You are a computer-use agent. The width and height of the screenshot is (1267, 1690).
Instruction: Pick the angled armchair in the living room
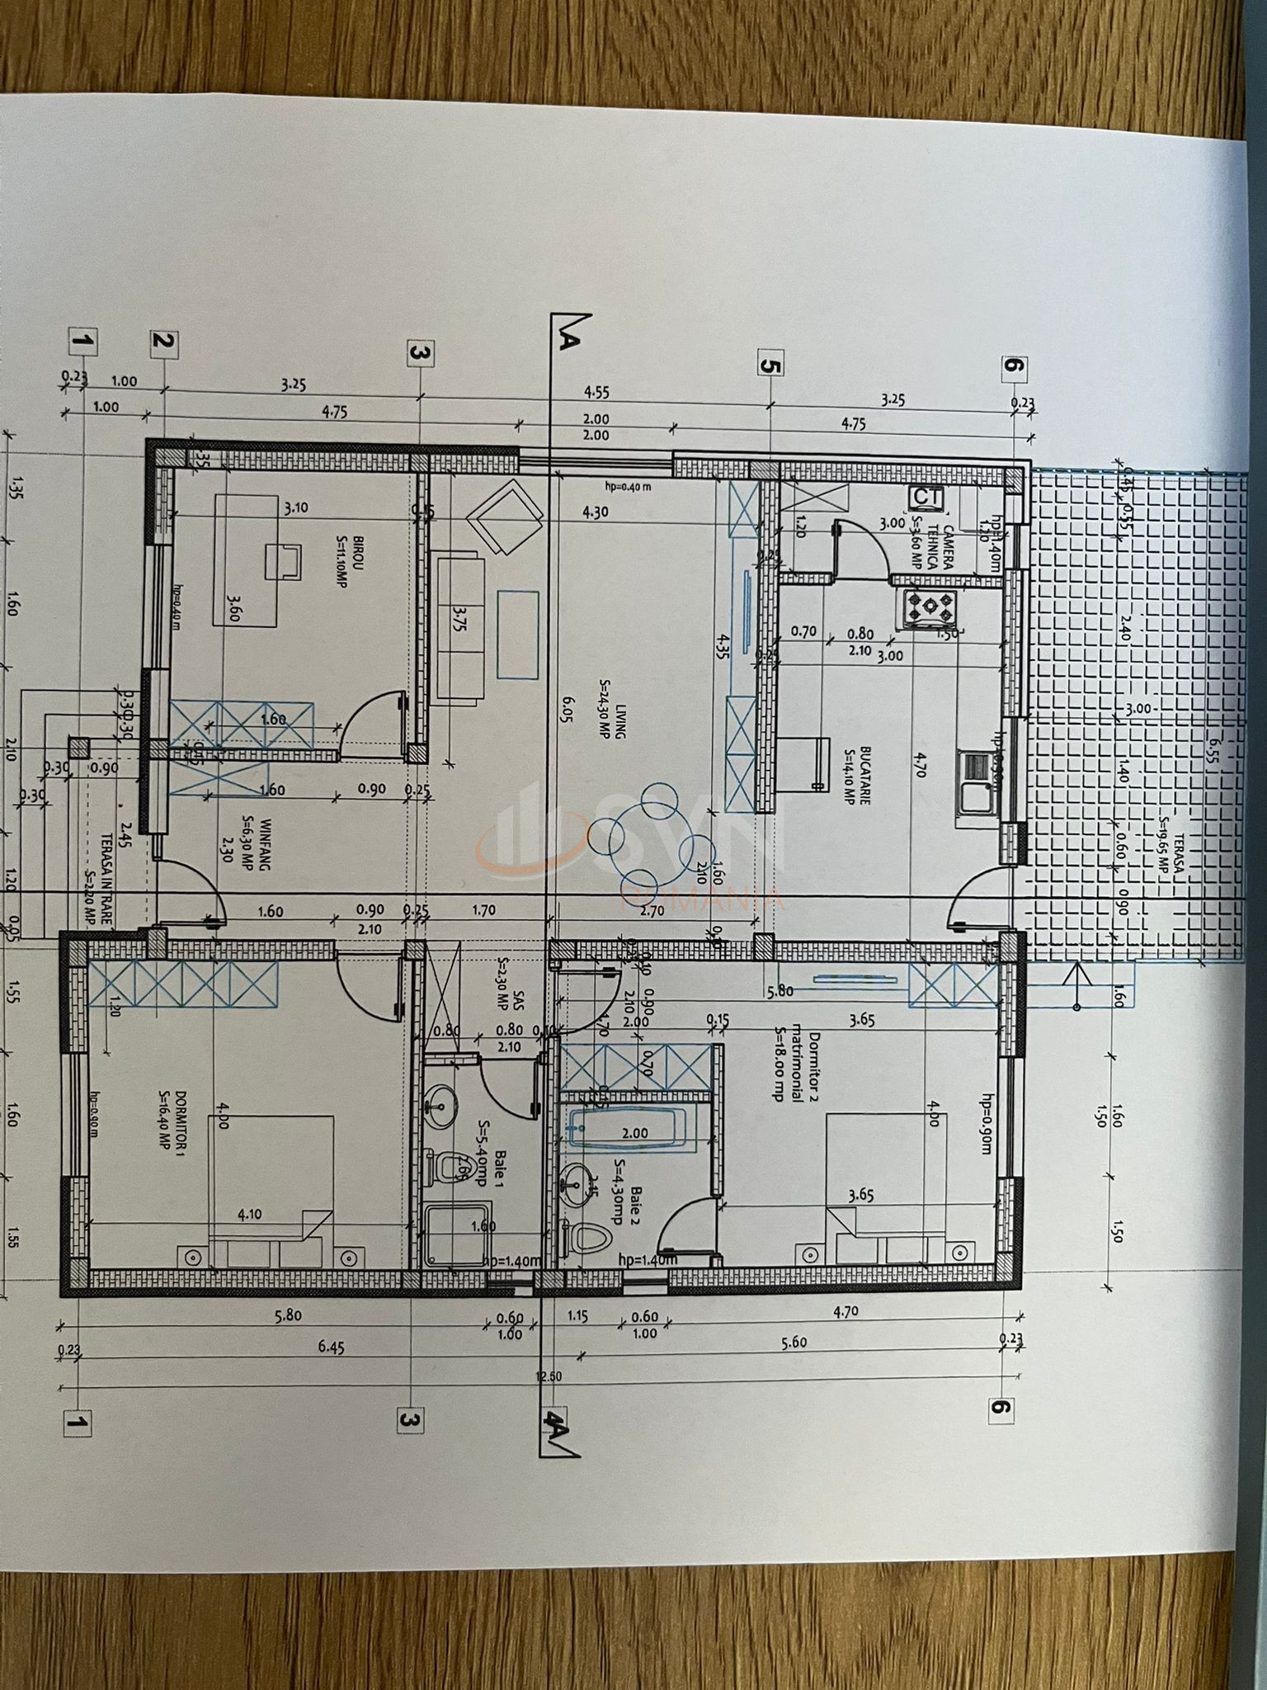pyautogui.click(x=503, y=519)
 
